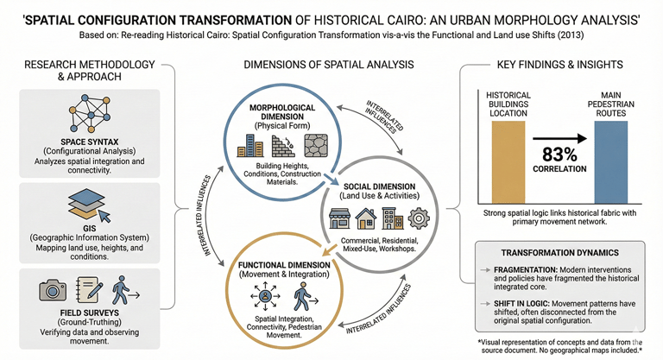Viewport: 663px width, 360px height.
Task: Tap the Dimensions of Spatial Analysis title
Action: pos(327,66)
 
